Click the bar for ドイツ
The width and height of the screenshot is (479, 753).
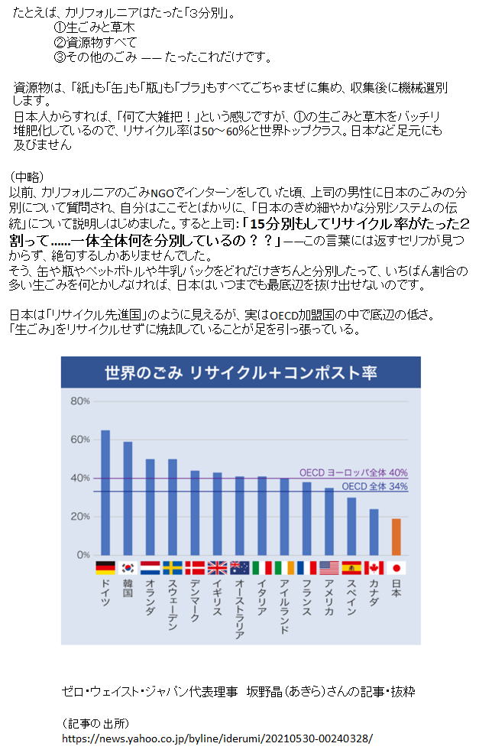tap(105, 492)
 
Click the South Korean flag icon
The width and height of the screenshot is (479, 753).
tap(128, 568)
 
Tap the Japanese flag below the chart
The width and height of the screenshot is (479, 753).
tap(396, 568)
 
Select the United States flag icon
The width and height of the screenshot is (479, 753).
tap(329, 568)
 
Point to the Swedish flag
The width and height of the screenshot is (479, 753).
tap(172, 568)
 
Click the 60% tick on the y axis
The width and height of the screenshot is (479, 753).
tap(80, 440)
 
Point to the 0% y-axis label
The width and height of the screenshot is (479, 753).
tap(83, 554)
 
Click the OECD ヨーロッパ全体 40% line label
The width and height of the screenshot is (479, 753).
tap(353, 472)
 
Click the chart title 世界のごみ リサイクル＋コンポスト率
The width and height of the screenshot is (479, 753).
tap(240, 373)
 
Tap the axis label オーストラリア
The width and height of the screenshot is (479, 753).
tap(239, 609)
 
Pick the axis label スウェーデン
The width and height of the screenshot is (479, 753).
tap(172, 605)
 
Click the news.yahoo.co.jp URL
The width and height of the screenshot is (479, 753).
tap(218, 740)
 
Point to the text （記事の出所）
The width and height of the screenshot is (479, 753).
tap(95, 723)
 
